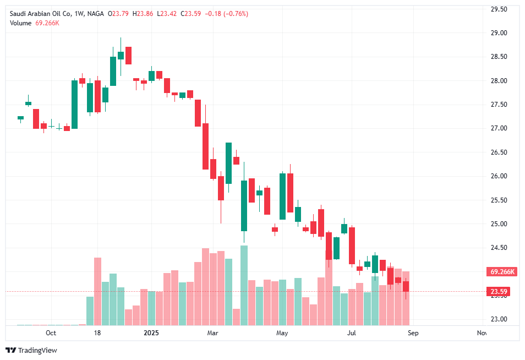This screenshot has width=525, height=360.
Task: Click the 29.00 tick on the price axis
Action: coord(499,33)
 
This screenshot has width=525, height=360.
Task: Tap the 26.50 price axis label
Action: coord(499,152)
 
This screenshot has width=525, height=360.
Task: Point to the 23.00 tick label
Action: coord(499,319)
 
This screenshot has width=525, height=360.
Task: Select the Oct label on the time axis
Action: coord(51,332)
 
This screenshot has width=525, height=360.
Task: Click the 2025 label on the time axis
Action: coord(151,332)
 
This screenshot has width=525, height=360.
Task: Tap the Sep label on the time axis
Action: coord(414,332)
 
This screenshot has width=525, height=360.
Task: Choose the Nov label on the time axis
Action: coord(482,332)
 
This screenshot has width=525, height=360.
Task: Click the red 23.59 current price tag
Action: coord(499,292)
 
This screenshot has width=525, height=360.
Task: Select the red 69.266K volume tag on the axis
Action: coord(502,272)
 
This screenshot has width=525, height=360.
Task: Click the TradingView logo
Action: coord(31,351)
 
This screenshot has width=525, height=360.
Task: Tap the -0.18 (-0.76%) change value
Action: coord(226,14)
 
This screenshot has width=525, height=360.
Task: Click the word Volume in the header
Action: coord(20,23)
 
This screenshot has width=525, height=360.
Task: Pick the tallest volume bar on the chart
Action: coord(244,285)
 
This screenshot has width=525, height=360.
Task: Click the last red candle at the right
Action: coord(406,286)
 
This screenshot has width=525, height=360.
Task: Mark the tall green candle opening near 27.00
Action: coord(74,105)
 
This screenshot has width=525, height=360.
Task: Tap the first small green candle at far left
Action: coord(20,117)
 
